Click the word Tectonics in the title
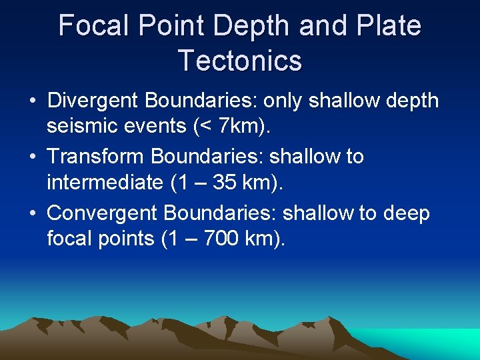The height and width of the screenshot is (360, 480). point(240,60)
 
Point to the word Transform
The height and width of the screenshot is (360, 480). point(96,157)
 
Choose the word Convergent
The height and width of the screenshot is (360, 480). point(102,213)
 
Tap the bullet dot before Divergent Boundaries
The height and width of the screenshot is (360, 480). point(33,101)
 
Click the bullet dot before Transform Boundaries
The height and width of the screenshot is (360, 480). point(33,157)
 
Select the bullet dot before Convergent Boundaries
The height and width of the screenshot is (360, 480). point(33,214)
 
